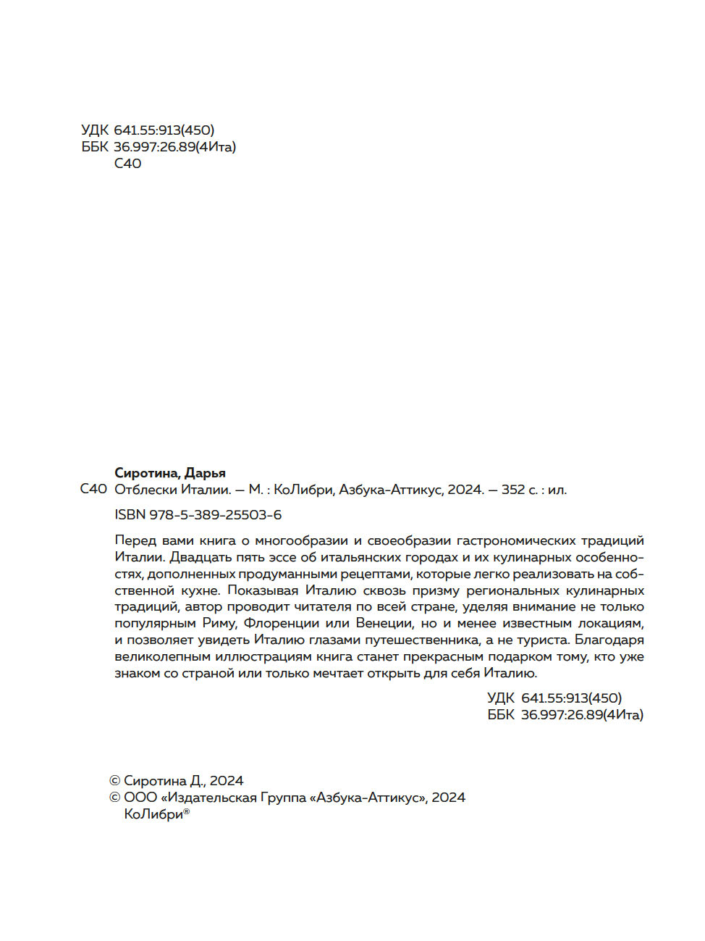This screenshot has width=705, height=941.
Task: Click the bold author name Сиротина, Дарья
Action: coord(170,473)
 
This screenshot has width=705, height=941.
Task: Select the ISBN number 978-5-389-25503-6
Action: coord(215,515)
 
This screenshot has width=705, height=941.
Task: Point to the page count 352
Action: coord(513,490)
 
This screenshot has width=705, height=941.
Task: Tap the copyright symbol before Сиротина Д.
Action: coord(114,781)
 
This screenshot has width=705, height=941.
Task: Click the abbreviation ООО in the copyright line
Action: coord(140,798)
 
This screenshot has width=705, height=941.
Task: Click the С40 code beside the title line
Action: coord(93,490)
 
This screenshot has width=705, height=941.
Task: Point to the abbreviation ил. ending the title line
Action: coord(557,490)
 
